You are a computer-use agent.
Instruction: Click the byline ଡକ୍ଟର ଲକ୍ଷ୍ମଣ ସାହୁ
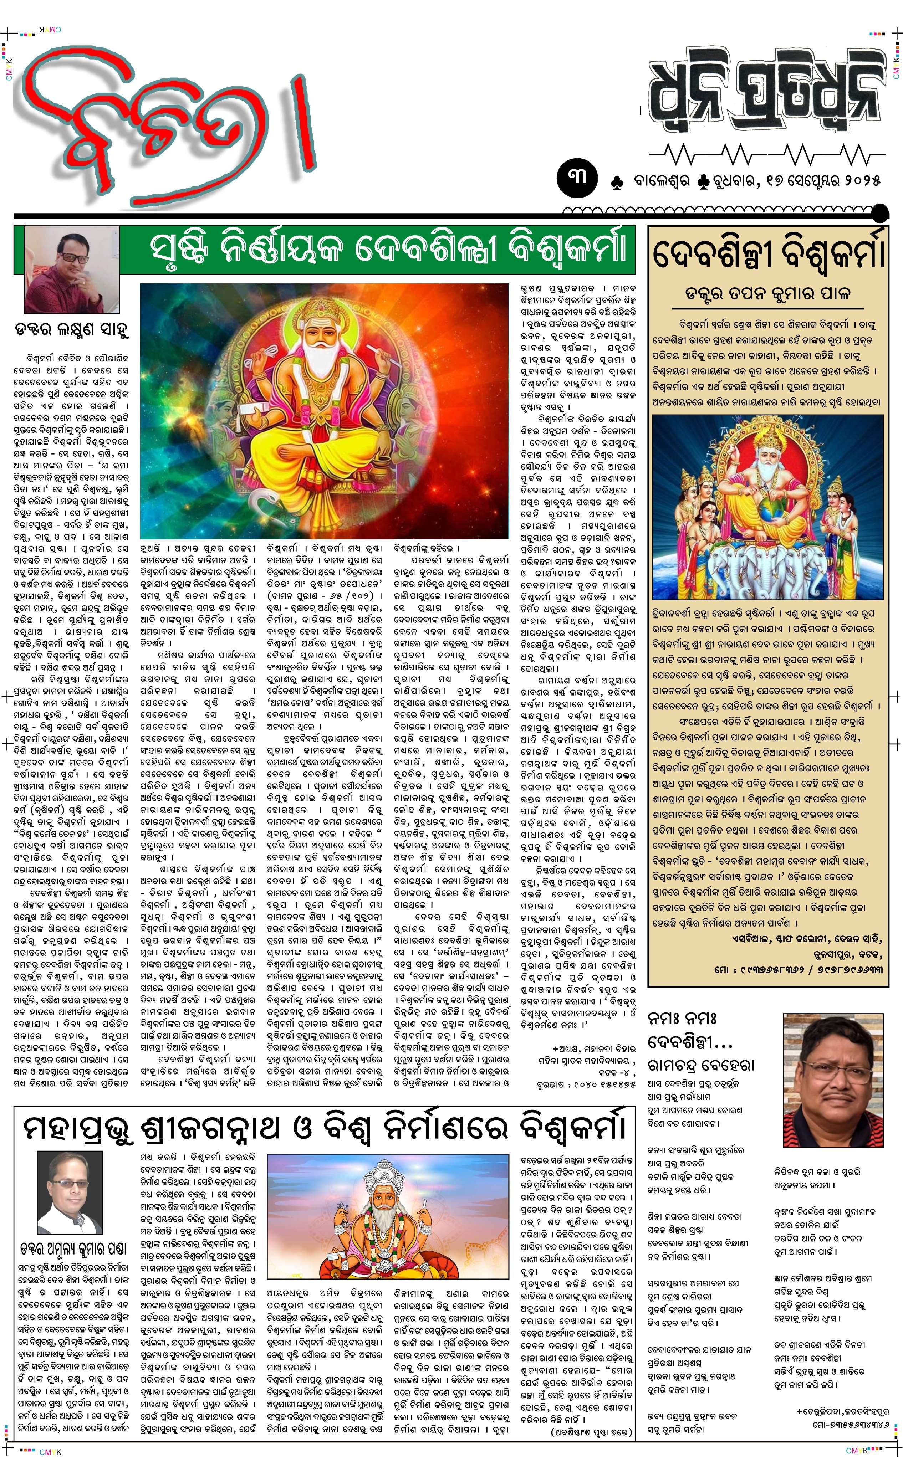coord(72,330)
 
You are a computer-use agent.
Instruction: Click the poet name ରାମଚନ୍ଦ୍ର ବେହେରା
coord(701,1065)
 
